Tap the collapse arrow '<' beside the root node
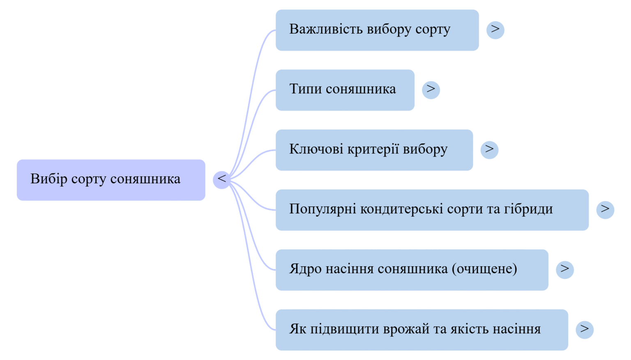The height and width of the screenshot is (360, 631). pos(222,179)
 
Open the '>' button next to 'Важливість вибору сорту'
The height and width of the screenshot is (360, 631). pos(495,29)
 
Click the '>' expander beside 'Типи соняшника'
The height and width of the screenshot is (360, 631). pos(431,89)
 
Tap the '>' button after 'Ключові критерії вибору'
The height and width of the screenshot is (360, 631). pos(489,149)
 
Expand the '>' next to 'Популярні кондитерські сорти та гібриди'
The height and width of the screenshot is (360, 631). pos(605,209)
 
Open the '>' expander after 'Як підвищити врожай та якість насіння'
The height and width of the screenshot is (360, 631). pos(585,329)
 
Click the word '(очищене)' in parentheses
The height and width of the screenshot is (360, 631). pos(484,269)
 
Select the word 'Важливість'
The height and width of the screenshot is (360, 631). pos(326,30)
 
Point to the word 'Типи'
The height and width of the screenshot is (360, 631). pos(305,89)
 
